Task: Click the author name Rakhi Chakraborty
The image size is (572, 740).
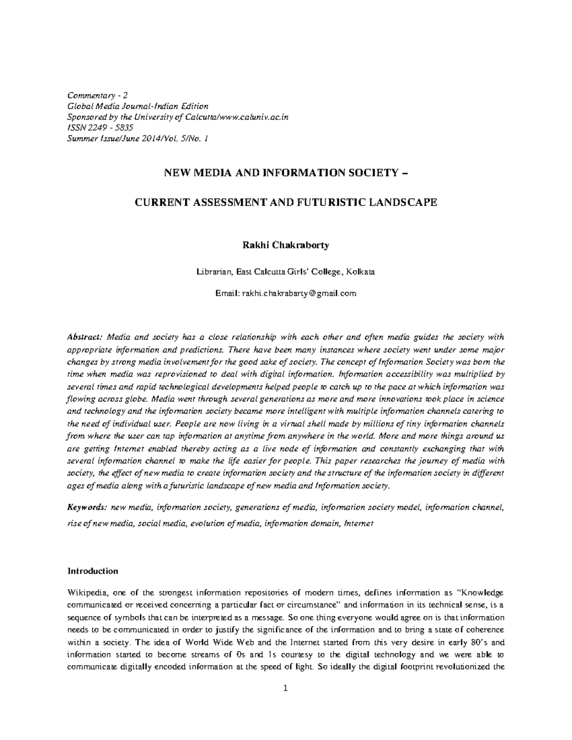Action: tap(286, 245)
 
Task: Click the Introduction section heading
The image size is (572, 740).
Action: tap(92, 571)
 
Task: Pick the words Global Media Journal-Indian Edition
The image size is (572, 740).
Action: tap(137, 106)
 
